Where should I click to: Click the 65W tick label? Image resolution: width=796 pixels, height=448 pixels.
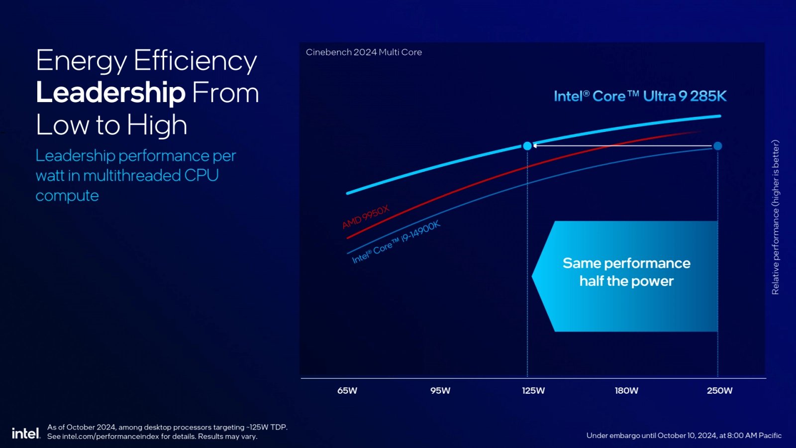click(347, 391)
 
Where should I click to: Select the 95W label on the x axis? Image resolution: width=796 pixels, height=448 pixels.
click(440, 391)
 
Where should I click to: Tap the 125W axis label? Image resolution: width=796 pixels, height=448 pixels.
click(533, 391)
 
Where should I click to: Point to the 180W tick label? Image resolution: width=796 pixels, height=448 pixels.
click(626, 391)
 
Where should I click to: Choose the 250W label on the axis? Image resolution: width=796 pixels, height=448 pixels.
click(719, 391)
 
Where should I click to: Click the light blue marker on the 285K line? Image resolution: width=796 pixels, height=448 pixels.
click(527, 146)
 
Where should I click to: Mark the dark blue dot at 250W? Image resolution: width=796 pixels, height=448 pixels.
click(717, 146)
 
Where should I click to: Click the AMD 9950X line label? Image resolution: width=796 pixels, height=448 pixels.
click(366, 217)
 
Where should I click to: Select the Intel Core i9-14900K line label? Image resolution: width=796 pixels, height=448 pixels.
click(396, 242)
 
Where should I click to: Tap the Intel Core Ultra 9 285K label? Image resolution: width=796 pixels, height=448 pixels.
click(640, 96)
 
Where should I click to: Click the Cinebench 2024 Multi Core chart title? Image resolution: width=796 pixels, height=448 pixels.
click(364, 52)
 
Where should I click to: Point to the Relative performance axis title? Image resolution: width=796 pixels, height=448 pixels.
click(775, 217)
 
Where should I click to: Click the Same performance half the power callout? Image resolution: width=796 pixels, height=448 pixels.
click(626, 272)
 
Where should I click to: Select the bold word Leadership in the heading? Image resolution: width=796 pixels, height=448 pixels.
click(110, 93)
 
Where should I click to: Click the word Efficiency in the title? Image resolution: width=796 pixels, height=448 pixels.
click(195, 61)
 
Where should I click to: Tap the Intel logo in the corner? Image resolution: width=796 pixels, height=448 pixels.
click(25, 433)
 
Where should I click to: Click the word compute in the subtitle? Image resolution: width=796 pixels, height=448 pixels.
click(67, 196)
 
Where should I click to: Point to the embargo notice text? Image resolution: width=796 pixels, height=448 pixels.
click(684, 436)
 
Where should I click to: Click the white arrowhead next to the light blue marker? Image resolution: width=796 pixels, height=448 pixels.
click(535, 146)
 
